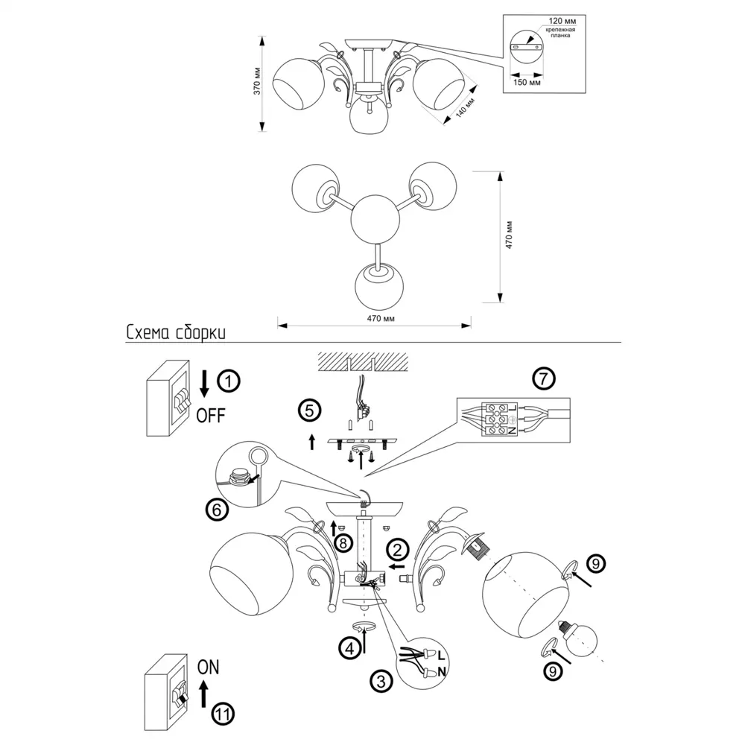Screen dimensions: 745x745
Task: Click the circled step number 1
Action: point(229,382)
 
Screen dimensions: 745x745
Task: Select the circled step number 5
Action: point(308,410)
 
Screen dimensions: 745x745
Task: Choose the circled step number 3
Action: point(381,680)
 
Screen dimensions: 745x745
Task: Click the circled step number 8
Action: point(343,543)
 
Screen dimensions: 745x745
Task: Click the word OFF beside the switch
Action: point(210,415)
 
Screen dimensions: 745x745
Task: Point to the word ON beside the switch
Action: point(209,667)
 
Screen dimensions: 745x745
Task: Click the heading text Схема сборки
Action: point(176,332)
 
